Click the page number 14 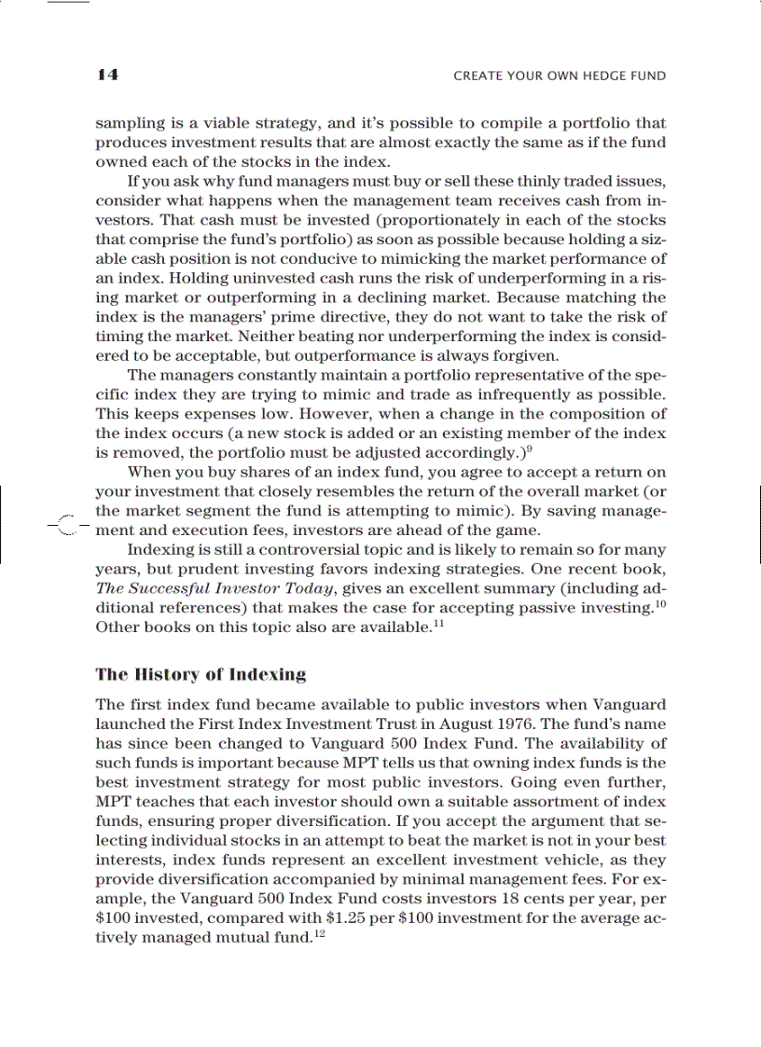click(105, 76)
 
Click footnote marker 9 click(529, 448)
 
